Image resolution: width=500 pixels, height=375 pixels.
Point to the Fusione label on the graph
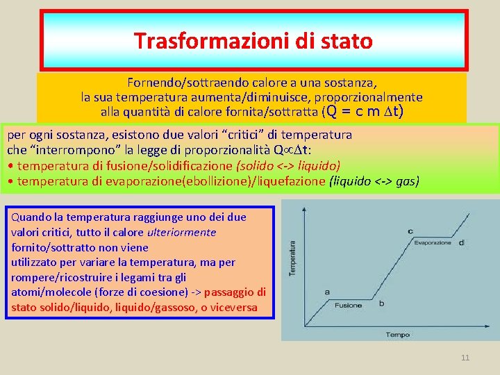[x=348, y=305]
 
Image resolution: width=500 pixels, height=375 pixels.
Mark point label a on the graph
[x=326, y=293]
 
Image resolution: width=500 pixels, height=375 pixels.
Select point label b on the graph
[x=381, y=303]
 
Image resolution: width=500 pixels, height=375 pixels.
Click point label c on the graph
[x=410, y=231]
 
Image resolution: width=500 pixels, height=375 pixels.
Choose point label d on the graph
[x=462, y=242]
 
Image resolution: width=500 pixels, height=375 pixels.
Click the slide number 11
[x=465, y=358]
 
